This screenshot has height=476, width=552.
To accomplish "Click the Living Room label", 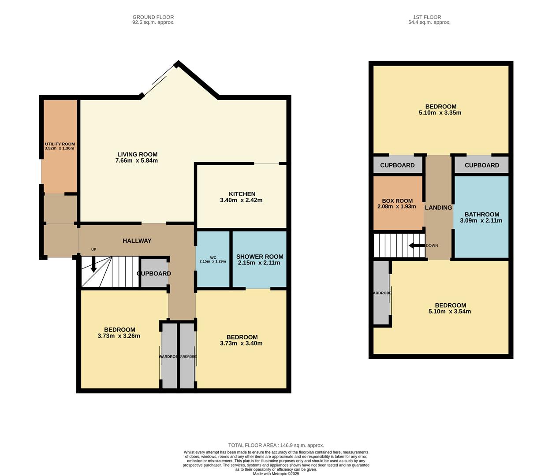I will [137, 154].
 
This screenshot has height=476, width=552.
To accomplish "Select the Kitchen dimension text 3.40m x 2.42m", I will [241, 200].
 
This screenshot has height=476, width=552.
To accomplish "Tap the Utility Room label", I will [60, 144].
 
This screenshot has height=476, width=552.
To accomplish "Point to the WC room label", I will [213, 257].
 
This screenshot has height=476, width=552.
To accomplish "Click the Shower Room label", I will [260, 257].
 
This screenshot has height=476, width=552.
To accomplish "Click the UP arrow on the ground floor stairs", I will [93, 264].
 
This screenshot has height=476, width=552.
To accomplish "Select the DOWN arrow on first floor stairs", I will [417, 245].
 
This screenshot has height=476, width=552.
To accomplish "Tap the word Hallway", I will [137, 241].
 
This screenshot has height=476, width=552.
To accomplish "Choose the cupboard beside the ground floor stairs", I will [154, 273].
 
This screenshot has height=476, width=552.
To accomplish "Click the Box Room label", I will [397, 201].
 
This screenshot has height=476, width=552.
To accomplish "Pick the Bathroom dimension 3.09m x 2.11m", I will [481, 220].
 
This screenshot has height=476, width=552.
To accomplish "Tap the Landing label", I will [438, 208].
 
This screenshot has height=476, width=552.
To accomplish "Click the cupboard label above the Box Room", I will [397, 165].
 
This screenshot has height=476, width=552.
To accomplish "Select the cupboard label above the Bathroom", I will [481, 165].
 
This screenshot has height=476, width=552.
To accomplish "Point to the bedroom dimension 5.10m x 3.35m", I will [440, 113].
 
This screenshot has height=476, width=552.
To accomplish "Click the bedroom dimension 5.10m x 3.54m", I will [450, 312].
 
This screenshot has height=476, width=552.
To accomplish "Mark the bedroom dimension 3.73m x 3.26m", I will [119, 336].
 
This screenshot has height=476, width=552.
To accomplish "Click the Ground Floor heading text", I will [153, 17].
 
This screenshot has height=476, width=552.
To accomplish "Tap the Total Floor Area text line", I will [276, 445].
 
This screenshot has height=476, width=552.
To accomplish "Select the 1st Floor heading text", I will [429, 17].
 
